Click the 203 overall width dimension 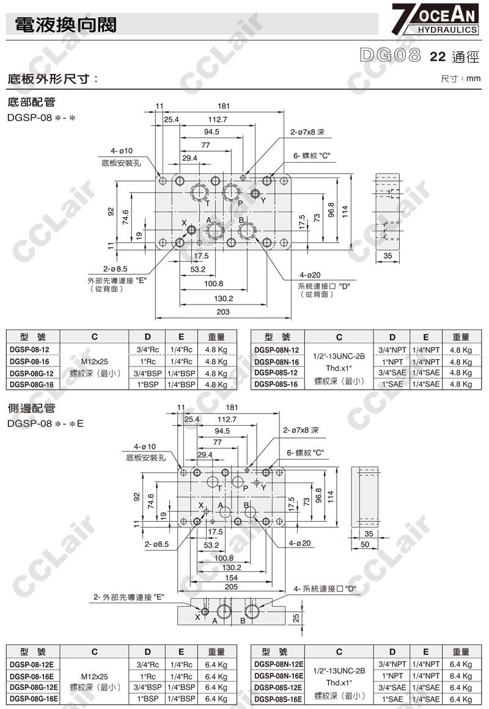click(x=222, y=312)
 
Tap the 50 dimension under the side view click(x=365, y=544)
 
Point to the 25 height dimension click(x=296, y=618)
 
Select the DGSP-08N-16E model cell click(x=279, y=676)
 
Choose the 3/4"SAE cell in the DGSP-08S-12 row click(x=392, y=373)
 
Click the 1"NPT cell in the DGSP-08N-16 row click(x=392, y=361)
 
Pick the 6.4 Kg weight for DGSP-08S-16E click(x=460, y=699)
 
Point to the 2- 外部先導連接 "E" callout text click(x=130, y=597)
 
